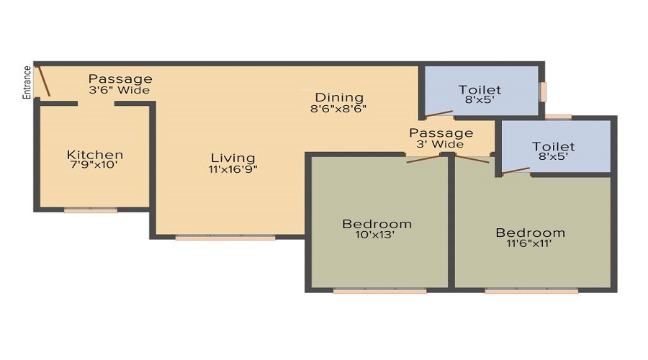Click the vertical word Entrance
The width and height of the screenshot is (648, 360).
pyautogui.click(x=27, y=81)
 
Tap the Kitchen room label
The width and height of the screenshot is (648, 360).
pyautogui.click(x=95, y=155)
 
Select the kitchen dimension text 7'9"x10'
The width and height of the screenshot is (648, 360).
pyautogui.click(x=92, y=165)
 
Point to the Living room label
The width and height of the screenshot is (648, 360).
pyautogui.click(x=233, y=158)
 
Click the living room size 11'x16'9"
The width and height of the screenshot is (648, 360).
pyautogui.click(x=233, y=169)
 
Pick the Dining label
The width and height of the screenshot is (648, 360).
pyautogui.click(x=339, y=98)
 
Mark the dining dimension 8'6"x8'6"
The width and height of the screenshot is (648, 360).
pyautogui.click(x=339, y=109)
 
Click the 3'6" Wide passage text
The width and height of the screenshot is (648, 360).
pyautogui.click(x=120, y=91)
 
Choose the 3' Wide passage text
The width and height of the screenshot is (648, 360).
pyautogui.click(x=441, y=144)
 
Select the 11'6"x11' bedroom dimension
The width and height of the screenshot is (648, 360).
pyautogui.click(x=530, y=243)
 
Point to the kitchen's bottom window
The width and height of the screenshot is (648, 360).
pyautogui.click(x=90, y=210)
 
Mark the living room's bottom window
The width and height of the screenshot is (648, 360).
pyautogui.click(x=225, y=236)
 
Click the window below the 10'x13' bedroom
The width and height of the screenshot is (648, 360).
pyautogui.click(x=379, y=291)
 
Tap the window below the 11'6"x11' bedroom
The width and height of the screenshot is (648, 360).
pyautogui.click(x=531, y=291)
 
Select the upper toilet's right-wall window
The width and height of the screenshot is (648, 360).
pyautogui.click(x=544, y=91)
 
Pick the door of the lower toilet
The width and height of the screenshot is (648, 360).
pyautogui.click(x=516, y=171)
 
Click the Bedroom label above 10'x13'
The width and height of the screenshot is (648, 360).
pyautogui.click(x=377, y=224)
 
